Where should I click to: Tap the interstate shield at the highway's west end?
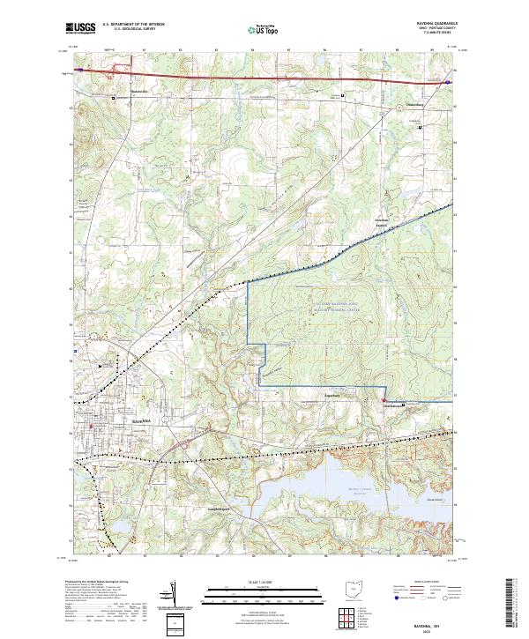(x=78, y=68)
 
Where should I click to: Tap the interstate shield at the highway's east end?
(x=449, y=81)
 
